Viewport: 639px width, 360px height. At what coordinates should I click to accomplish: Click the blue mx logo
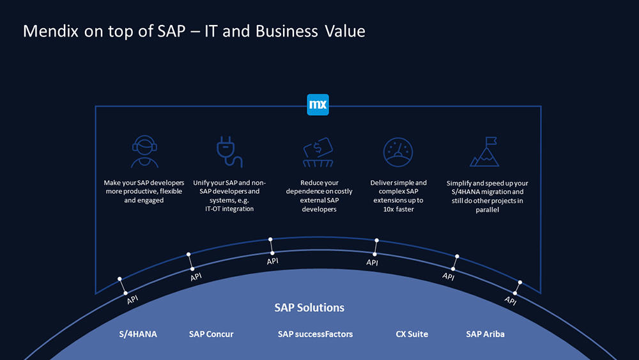318,105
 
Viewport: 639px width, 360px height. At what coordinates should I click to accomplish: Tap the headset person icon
144,152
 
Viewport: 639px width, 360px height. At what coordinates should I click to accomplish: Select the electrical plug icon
229,152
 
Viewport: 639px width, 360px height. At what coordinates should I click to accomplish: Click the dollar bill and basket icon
318,152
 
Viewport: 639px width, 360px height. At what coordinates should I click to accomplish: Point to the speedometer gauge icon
398,152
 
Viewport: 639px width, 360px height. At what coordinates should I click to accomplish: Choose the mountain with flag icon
484,152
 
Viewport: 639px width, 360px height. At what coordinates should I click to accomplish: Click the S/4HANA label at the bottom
138,334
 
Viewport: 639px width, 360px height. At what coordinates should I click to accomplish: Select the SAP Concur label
211,334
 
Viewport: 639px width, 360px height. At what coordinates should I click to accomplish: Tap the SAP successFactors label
316,334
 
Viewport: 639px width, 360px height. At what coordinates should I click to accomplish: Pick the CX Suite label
412,334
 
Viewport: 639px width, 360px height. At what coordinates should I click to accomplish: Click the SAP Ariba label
486,334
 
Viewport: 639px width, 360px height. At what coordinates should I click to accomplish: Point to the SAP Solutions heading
309,308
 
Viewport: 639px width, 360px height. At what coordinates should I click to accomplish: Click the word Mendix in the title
50,31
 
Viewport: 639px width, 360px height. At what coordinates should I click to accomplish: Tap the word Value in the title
345,31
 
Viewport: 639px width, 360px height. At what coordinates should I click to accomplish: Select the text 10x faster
399,209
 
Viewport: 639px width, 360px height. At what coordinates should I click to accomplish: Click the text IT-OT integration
229,208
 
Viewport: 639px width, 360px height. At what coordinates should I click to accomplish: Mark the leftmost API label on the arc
132,300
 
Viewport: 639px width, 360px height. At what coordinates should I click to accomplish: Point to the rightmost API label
510,301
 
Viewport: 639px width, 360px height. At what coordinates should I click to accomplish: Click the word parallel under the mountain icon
487,210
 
